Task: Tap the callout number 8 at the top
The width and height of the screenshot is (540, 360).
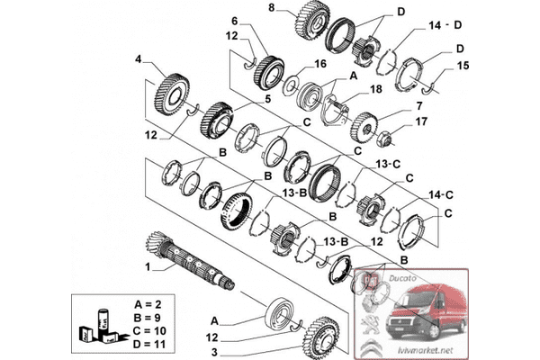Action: pos(272,7)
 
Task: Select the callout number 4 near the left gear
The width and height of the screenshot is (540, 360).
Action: pos(139,60)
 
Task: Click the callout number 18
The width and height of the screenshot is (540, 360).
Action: pos(376,89)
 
